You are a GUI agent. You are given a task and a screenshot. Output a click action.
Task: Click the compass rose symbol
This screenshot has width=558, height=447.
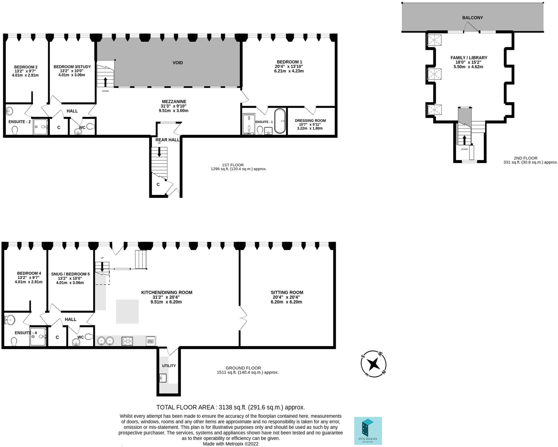373,364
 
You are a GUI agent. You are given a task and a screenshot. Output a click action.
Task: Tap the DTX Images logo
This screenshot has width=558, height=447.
368,431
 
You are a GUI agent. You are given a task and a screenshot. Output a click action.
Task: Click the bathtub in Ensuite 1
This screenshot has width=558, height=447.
280,121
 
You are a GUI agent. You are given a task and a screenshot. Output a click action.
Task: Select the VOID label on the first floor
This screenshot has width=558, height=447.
178,63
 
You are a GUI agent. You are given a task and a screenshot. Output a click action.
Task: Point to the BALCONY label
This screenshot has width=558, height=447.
472,18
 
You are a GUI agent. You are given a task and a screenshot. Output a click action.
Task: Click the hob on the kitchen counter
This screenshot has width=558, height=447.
127,341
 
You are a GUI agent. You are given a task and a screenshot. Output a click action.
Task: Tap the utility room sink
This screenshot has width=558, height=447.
163,378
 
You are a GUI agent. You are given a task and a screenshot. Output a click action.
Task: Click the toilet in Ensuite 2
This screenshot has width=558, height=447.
15,130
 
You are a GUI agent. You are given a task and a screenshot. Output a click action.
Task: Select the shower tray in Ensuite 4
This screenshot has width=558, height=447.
38,336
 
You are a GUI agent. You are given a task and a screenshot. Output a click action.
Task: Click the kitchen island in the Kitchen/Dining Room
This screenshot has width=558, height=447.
127,312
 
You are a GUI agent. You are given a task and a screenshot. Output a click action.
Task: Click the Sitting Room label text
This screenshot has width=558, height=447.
287,292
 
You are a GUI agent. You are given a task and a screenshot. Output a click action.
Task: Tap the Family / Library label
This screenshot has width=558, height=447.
469,58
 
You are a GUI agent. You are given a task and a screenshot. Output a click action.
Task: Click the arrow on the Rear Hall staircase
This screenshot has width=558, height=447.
159,152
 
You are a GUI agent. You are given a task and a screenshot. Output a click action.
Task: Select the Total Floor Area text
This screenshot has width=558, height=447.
231,407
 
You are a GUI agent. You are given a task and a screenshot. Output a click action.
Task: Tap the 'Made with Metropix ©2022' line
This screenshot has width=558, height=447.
231,444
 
